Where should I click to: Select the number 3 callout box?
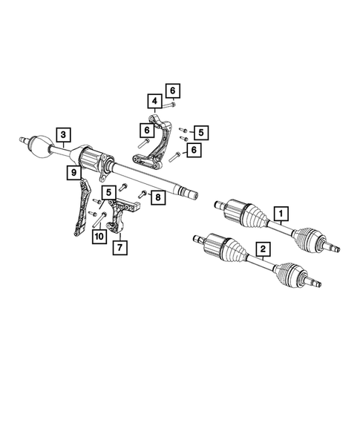65,134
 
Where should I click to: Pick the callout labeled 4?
154,100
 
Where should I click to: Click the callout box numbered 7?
119,246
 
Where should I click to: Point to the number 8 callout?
157,197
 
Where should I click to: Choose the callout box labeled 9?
73,173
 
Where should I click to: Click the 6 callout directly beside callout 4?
172,91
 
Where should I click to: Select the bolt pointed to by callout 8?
141,194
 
